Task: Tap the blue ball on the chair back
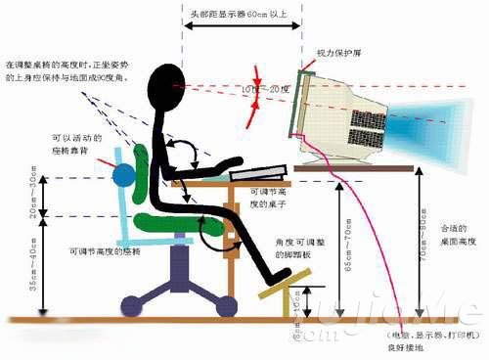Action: point(124,176)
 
